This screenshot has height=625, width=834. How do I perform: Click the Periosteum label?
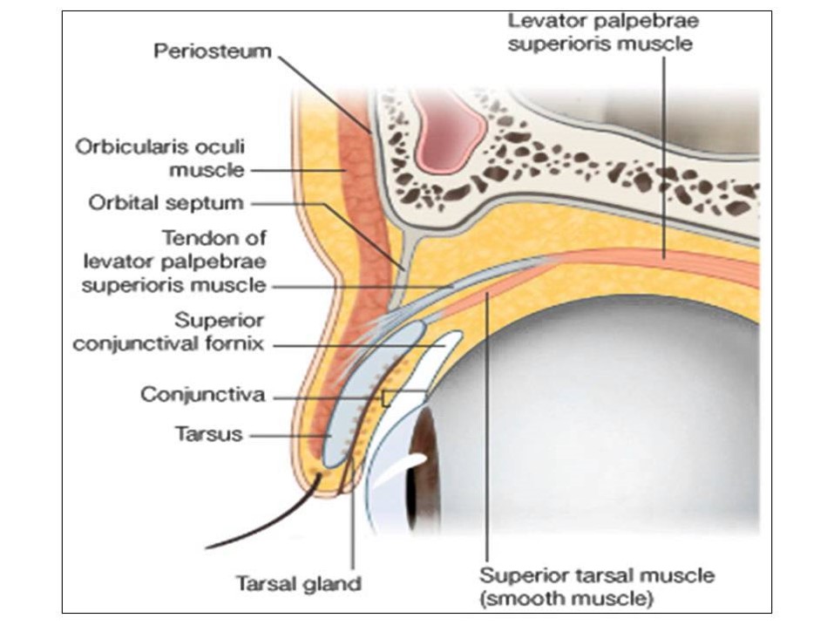coord(213,51)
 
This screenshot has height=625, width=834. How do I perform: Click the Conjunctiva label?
coord(203,395)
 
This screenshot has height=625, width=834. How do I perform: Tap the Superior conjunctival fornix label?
coord(168,331)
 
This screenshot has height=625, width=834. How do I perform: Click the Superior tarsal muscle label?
coord(597,575)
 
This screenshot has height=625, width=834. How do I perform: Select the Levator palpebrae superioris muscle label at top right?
coord(603,31)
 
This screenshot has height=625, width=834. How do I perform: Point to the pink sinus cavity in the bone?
coord(448,127)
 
